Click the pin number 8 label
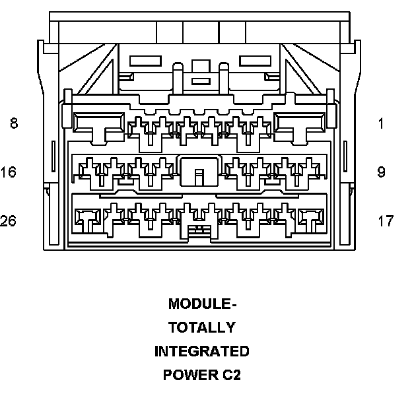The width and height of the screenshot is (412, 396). [14, 123]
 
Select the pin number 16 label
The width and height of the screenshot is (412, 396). [9, 172]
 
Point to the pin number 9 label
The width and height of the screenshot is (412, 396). [381, 172]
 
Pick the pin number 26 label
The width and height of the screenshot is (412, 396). [9, 220]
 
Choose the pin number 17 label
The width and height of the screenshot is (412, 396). [386, 220]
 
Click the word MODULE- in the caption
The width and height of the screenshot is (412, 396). [202, 304]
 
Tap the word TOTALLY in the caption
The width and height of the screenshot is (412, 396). [202, 327]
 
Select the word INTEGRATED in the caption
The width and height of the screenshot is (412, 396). [202, 351]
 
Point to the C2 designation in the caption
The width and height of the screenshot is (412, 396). [231, 375]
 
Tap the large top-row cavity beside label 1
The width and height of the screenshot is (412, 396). [300, 123]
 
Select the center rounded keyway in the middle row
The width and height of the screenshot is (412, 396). [199, 173]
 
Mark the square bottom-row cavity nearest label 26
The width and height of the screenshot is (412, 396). [87, 218]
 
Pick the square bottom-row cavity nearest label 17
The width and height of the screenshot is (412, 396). [311, 218]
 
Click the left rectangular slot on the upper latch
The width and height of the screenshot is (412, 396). [146, 61]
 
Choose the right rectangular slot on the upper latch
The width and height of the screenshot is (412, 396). [253, 61]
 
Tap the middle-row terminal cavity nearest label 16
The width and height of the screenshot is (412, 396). [90, 172]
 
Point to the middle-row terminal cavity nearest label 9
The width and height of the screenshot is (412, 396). [308, 172]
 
